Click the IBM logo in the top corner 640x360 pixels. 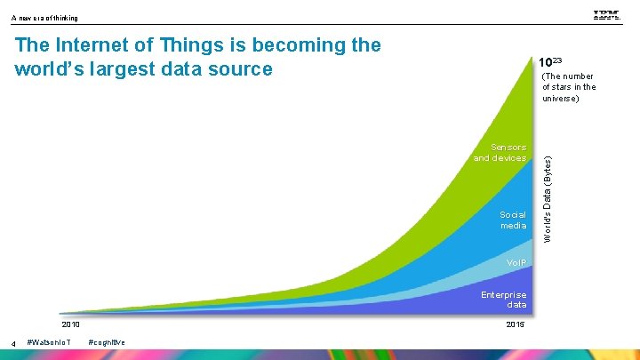point(606,15)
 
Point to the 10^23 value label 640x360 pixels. point(549,63)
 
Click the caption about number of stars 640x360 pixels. point(569,87)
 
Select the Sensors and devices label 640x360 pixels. point(500,153)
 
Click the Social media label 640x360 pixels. point(512,220)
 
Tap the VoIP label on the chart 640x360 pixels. point(516,263)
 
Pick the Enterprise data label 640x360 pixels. point(504,300)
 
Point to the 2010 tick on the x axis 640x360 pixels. point(70,324)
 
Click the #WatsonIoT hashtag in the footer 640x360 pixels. point(51,342)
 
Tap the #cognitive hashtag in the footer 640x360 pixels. point(107,342)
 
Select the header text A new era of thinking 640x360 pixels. point(44,18)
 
